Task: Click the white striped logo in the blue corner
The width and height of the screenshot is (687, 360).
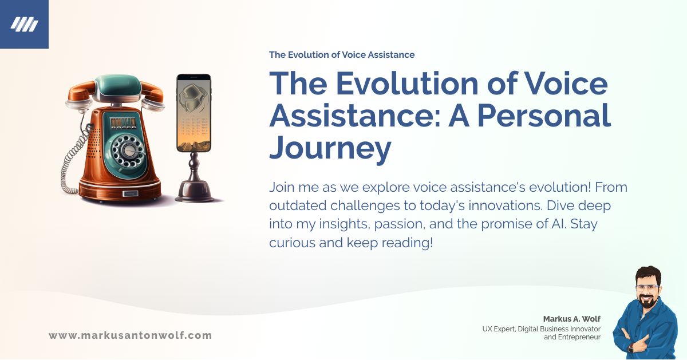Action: [x=24, y=24]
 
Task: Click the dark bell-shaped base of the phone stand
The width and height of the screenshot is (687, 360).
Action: [x=195, y=189]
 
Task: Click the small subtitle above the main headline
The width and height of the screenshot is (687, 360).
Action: [x=342, y=55]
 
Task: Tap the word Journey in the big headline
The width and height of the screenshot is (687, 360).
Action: [x=330, y=147]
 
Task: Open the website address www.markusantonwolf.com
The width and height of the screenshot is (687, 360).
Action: [x=130, y=335]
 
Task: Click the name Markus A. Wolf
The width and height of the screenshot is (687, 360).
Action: [x=572, y=318]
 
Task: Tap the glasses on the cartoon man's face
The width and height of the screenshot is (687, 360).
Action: [x=648, y=288]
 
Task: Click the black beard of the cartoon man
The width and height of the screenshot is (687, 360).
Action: [x=649, y=302]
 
